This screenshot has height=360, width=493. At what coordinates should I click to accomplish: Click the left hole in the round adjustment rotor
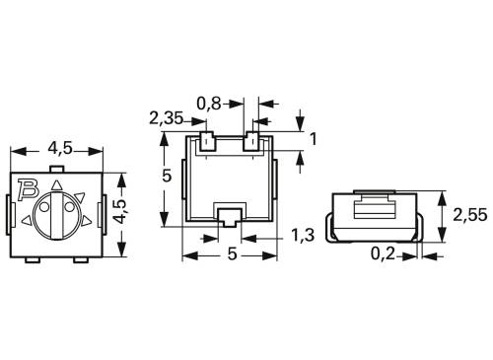click(45, 211)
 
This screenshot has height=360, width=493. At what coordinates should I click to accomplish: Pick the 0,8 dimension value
click(210, 101)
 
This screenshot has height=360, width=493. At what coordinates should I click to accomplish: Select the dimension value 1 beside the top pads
click(313, 139)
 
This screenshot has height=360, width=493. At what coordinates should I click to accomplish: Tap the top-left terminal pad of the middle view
click(207, 140)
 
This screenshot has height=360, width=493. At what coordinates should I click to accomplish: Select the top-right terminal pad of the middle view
click(252, 140)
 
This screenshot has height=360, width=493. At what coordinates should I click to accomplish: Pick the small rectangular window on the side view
click(375, 207)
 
